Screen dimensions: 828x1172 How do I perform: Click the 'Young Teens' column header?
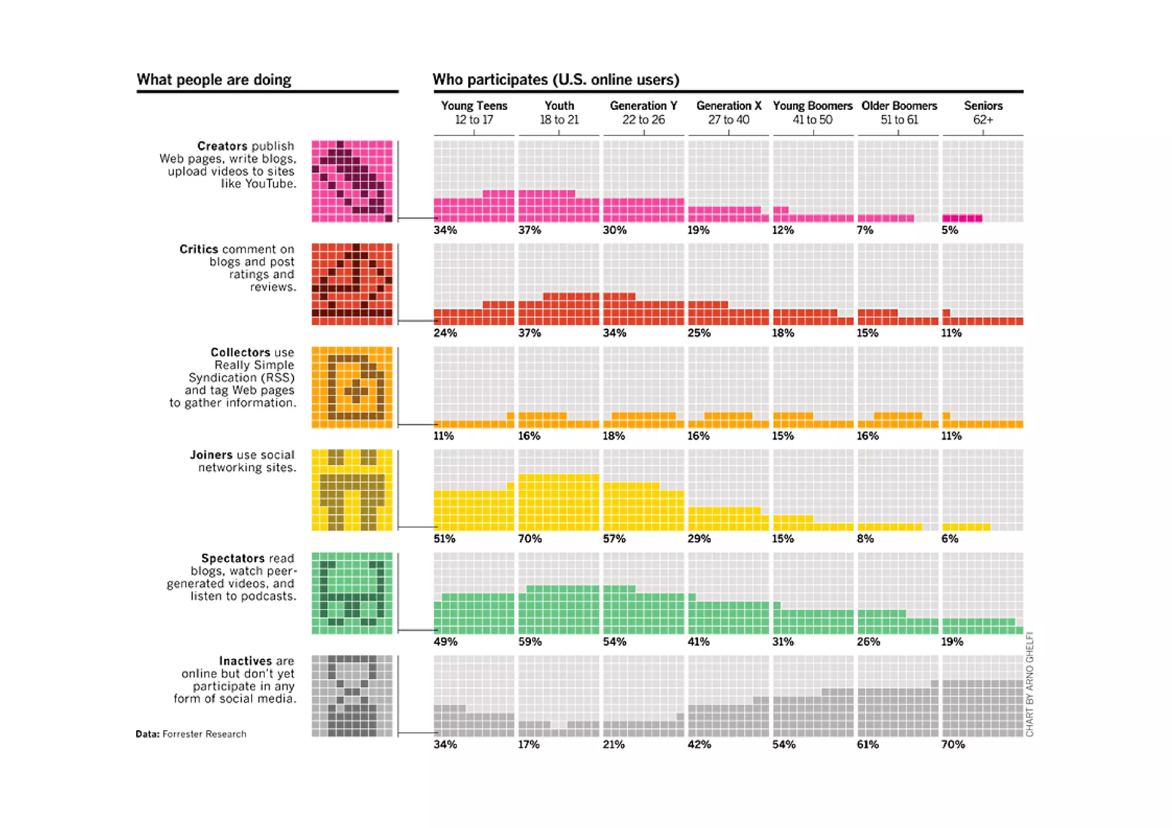[474, 106]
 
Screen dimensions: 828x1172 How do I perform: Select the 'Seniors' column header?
[983, 106]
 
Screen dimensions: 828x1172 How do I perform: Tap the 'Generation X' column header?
[728, 106]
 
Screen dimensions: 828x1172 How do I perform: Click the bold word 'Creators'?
[222, 146]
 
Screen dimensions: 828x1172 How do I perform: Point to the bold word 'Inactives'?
[245, 661]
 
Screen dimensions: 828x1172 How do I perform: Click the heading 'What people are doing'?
[214, 80]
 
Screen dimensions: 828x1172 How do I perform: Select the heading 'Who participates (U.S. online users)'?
[556, 80]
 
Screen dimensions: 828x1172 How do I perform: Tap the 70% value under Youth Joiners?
[529, 538]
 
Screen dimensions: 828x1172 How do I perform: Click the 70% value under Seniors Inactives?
[953, 744]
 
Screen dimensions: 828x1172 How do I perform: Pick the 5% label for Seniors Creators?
[949, 230]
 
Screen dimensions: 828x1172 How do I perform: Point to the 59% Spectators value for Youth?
[529, 641]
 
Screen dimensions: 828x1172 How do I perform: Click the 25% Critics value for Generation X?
[699, 333]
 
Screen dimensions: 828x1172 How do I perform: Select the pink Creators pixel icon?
[352, 181]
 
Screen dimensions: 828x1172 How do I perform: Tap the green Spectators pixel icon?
[352, 593]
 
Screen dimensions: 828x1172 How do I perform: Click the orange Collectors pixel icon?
[352, 387]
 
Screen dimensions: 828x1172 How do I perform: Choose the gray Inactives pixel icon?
[352, 696]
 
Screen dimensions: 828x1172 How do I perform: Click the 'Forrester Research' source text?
[204, 734]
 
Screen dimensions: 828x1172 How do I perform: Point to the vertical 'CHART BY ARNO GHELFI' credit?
[1030, 684]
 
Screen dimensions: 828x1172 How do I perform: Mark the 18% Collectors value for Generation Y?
[613, 436]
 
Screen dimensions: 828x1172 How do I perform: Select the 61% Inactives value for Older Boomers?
[868, 744]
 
